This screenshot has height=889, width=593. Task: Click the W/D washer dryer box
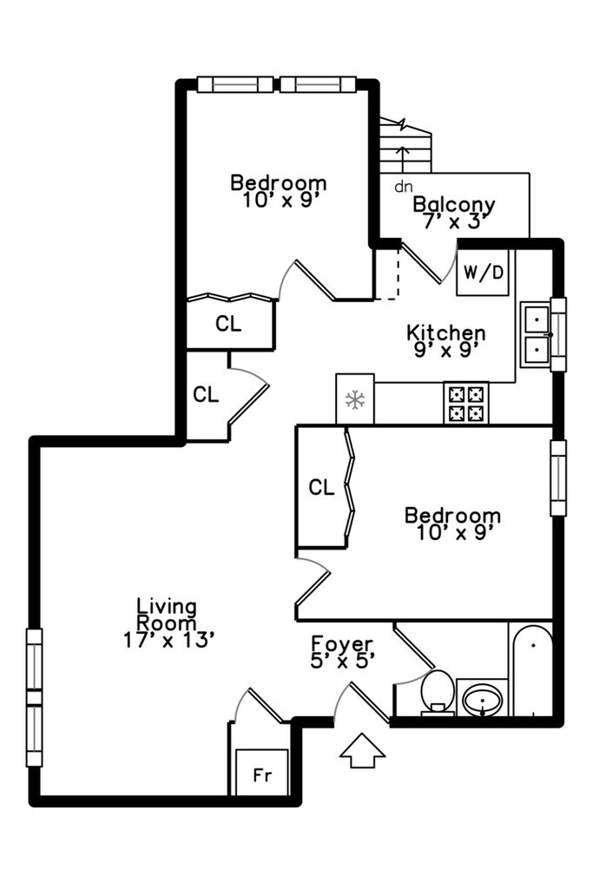[483, 272]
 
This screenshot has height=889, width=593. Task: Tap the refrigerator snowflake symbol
[355, 400]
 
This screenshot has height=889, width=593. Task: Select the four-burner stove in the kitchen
[466, 403]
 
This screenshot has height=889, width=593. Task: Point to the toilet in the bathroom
[437, 692]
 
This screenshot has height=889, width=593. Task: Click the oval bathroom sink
[483, 699]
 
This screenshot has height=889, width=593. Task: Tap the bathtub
[532, 669]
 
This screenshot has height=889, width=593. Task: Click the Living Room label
[168, 623]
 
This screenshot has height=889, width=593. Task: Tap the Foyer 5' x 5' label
[342, 652]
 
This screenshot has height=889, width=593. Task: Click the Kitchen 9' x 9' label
[447, 340]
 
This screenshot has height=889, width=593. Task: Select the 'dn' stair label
[403, 187]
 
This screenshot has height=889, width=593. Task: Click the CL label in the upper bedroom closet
[228, 324]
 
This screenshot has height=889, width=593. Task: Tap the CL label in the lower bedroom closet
[321, 487]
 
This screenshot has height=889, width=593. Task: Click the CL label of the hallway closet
[205, 394]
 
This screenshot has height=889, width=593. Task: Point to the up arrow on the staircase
[403, 159]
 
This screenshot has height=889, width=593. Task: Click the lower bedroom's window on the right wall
[558, 478]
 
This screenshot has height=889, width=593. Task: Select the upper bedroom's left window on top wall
[235, 84]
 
